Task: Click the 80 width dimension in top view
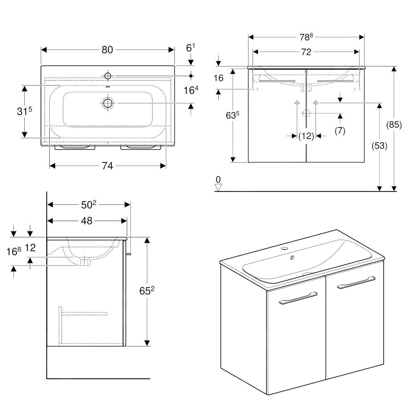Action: (107, 50)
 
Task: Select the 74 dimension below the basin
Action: (107, 166)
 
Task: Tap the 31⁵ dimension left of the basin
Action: (25, 111)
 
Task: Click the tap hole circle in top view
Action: (107, 76)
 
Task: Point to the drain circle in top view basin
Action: (108, 103)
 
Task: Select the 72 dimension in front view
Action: (306, 52)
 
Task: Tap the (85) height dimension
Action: (394, 125)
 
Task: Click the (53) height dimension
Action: (379, 146)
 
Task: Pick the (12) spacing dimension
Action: (306, 136)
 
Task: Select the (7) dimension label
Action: (340, 131)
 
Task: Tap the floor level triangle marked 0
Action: (218, 187)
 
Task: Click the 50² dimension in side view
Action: (88, 205)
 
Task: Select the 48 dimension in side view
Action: (87, 221)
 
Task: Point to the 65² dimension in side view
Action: (147, 291)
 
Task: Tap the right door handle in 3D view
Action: (356, 282)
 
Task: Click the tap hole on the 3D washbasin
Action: (285, 249)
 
